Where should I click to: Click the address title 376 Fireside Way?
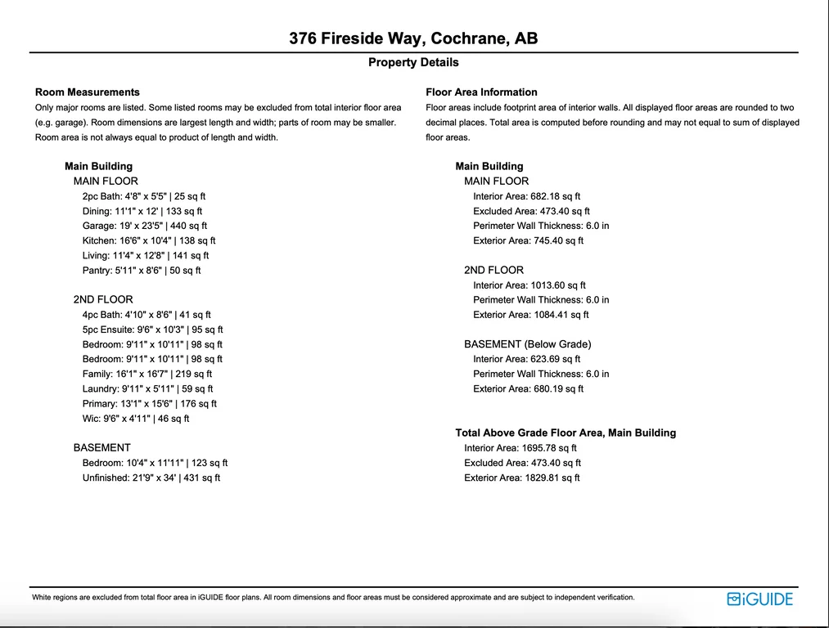(413, 38)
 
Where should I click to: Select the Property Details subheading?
(413, 63)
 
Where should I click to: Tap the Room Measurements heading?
(88, 92)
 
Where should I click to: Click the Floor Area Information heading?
(481, 92)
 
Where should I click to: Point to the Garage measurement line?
(144, 226)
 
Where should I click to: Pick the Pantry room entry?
(141, 271)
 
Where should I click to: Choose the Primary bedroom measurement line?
(149, 404)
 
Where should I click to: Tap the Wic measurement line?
(135, 419)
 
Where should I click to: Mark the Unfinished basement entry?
(151, 478)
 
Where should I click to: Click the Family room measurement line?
(146, 375)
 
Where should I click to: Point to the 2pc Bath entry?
(144, 196)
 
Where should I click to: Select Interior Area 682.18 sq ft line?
(526, 196)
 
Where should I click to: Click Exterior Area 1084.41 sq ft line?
(530, 315)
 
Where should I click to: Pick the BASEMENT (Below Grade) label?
(527, 344)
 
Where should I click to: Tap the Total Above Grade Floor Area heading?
(565, 433)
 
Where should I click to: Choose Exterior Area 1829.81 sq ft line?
(521, 478)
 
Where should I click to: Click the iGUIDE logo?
(759, 599)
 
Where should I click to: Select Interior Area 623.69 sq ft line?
(526, 359)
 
